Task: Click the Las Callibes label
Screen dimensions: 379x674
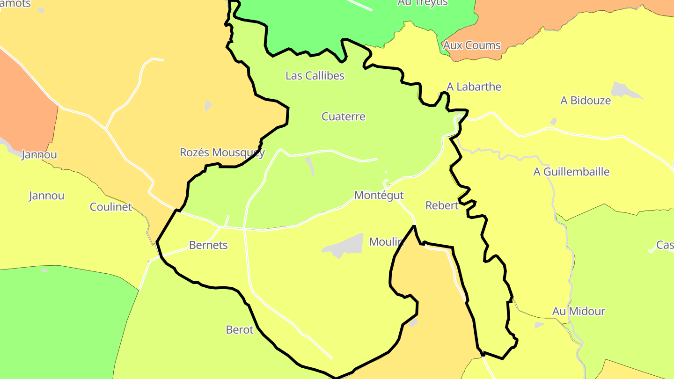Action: pos(315,75)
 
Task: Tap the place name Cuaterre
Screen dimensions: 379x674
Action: pos(343,117)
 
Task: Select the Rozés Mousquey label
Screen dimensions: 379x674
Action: pos(222,153)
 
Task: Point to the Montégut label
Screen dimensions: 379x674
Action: pos(379,195)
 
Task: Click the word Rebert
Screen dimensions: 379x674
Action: pos(441,205)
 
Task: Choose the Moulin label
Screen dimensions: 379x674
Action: pos(386,242)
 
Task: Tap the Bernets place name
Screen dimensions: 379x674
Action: pos(208,245)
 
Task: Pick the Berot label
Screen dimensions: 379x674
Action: pos(239,330)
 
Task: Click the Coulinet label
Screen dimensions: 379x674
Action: pos(111,207)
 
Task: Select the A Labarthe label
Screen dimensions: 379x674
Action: pos(474,87)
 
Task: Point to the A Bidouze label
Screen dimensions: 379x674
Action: pos(585,100)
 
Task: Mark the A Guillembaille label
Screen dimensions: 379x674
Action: pos(571,172)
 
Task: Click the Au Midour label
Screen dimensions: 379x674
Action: pos(579,311)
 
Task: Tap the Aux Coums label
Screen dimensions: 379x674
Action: pos(471,45)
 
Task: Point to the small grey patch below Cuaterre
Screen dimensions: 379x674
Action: pos(309,165)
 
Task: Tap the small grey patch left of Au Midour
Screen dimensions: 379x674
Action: pos(539,325)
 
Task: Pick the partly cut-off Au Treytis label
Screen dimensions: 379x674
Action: pos(422,3)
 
